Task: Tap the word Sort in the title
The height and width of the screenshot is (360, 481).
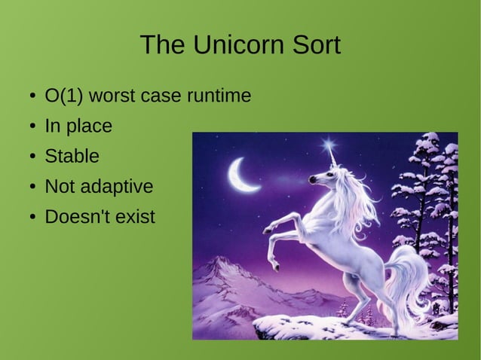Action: tap(313, 45)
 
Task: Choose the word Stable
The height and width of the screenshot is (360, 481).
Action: tap(72, 157)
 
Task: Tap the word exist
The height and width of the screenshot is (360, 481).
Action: tap(136, 217)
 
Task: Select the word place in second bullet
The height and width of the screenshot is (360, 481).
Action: tap(90, 127)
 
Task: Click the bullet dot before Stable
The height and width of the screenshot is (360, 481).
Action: tap(33, 157)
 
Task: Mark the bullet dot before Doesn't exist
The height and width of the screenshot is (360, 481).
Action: tap(33, 218)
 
